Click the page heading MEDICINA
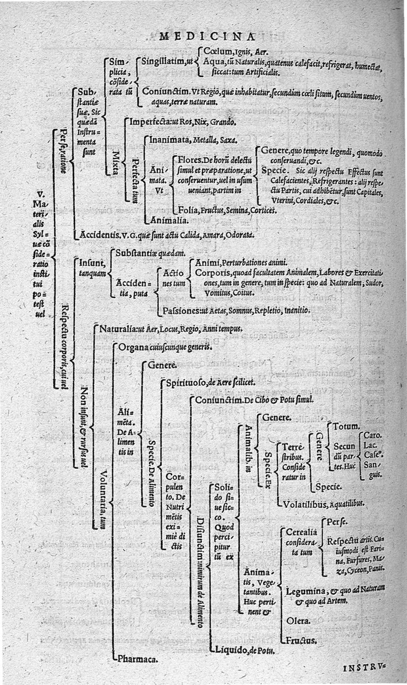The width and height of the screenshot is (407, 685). (207, 36)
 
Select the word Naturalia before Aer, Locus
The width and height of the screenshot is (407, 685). (119, 328)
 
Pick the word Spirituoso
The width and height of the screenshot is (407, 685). (186, 382)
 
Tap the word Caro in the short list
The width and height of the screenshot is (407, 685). (373, 436)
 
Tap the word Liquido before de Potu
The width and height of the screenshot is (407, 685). (231, 650)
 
